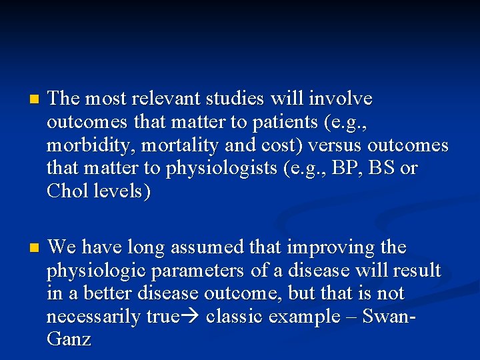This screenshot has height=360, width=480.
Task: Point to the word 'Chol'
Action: click(68, 192)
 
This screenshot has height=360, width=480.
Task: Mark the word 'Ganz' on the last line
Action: click(69, 339)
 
